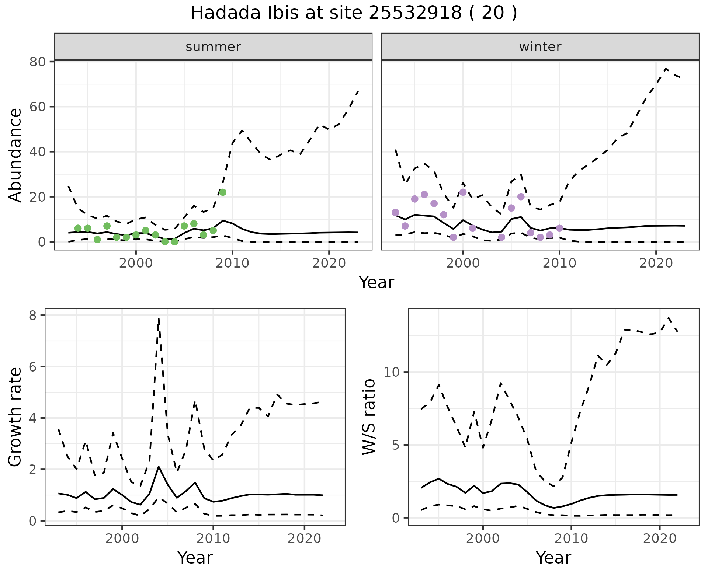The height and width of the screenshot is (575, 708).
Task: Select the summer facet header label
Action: [x=213, y=47]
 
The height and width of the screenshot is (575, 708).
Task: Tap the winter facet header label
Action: [x=540, y=47]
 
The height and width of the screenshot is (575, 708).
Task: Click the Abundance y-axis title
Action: [x=15, y=155]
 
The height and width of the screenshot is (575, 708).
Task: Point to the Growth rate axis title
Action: [x=15, y=417]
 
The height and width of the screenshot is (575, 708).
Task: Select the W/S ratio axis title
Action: [x=369, y=417]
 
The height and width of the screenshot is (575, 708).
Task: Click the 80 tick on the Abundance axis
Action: [x=37, y=62]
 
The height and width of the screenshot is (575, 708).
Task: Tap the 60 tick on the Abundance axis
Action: [x=37, y=107]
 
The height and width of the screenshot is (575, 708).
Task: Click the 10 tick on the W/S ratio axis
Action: [x=392, y=372]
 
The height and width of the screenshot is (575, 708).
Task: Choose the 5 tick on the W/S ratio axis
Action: [x=395, y=445]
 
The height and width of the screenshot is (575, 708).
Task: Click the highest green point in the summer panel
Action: [x=223, y=192]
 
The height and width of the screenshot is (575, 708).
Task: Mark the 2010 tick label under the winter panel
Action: [x=559, y=263]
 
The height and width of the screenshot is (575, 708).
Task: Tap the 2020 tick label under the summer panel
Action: [x=329, y=263]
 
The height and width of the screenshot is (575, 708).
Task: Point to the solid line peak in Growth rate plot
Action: [x=159, y=467]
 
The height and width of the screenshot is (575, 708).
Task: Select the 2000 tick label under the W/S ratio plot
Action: [x=483, y=539]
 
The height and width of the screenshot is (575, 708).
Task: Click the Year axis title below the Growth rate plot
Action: [x=195, y=558]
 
